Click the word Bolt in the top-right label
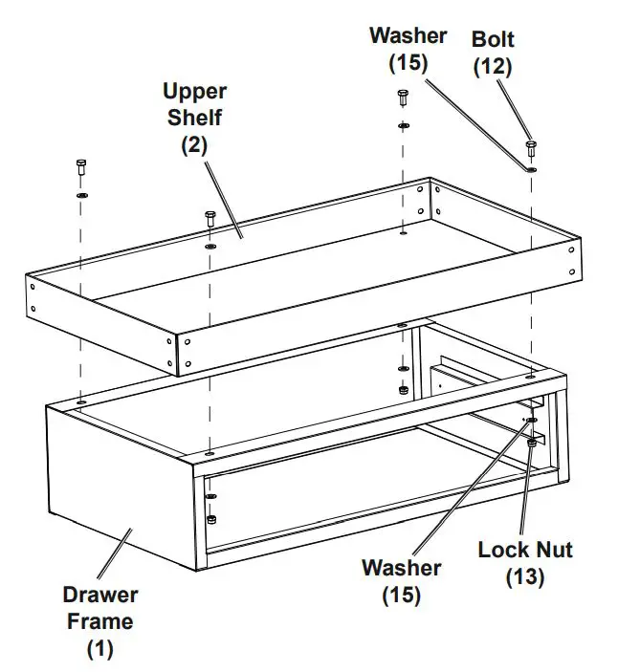tap(492, 40)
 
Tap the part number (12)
tap(492, 66)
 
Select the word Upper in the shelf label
tap(194, 92)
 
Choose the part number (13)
tap(525, 577)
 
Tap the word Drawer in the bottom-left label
tap(100, 595)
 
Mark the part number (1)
tap(100, 649)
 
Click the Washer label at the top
tap(408, 36)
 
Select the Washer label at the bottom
tap(401, 568)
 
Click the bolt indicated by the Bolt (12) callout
tap(531, 148)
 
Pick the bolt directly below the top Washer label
tap(403, 98)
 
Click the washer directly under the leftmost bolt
tap(81, 195)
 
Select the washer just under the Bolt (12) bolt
tap(531, 169)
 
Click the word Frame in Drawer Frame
tap(100, 621)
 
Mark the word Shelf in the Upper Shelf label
tap(194, 119)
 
